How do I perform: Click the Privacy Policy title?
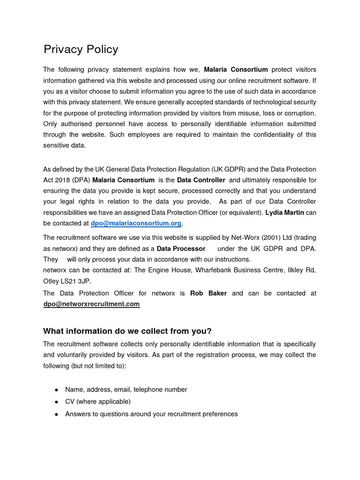(81, 49)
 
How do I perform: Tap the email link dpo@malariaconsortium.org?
(135, 223)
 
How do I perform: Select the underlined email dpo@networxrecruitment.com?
(91, 304)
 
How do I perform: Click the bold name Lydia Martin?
(285, 212)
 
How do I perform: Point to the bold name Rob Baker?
(208, 293)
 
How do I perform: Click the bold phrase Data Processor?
(181, 248)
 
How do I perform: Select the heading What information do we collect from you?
(124, 331)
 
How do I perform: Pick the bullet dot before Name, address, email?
(56, 390)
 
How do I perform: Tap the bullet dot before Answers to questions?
(56, 414)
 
